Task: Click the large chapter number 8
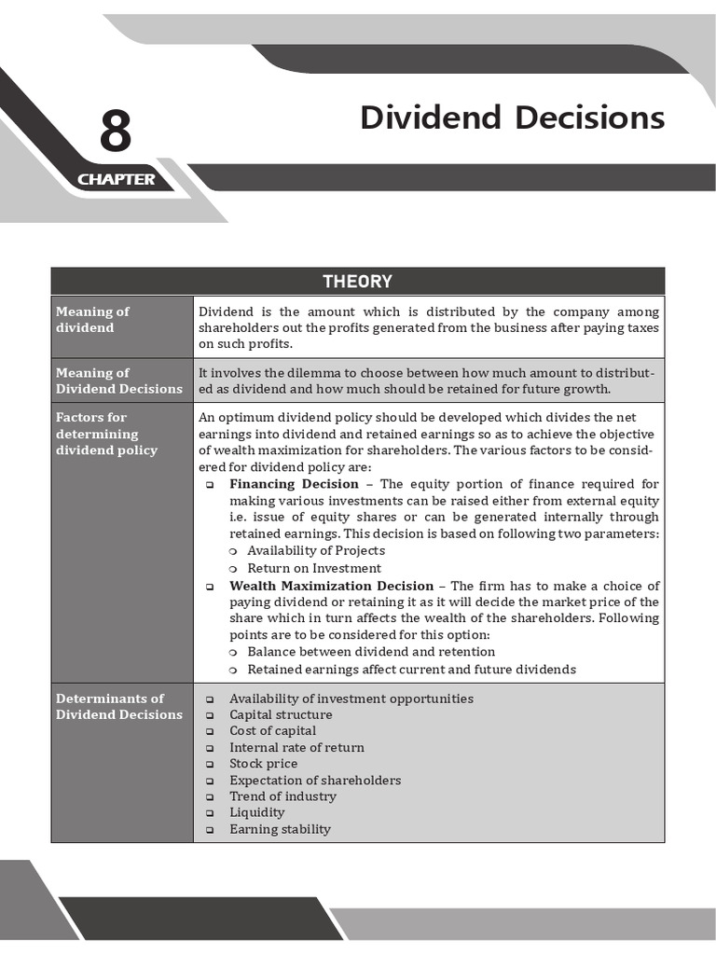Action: pos(116,131)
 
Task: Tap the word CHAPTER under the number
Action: pos(117,179)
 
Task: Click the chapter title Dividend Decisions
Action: pos(512,118)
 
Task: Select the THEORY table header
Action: pos(357,282)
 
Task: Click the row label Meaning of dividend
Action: pos(92,320)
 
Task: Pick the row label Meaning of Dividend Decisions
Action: pos(118,381)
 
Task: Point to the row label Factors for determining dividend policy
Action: pos(106,434)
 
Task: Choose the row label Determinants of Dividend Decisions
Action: pos(118,706)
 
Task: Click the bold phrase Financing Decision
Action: pos(294,484)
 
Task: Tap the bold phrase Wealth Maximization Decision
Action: pos(331,586)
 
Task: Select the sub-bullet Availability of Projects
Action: pos(315,550)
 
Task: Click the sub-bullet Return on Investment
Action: pos(313,568)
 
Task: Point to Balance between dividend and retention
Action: pos(371,652)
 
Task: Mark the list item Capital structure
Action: pos(281,714)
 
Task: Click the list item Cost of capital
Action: pos(272,731)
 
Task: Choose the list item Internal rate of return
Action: pos(296,747)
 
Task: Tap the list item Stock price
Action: pos(263,764)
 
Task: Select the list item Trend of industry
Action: pos(282,796)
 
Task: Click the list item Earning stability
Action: pos(280,829)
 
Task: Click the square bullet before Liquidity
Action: pos(210,813)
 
